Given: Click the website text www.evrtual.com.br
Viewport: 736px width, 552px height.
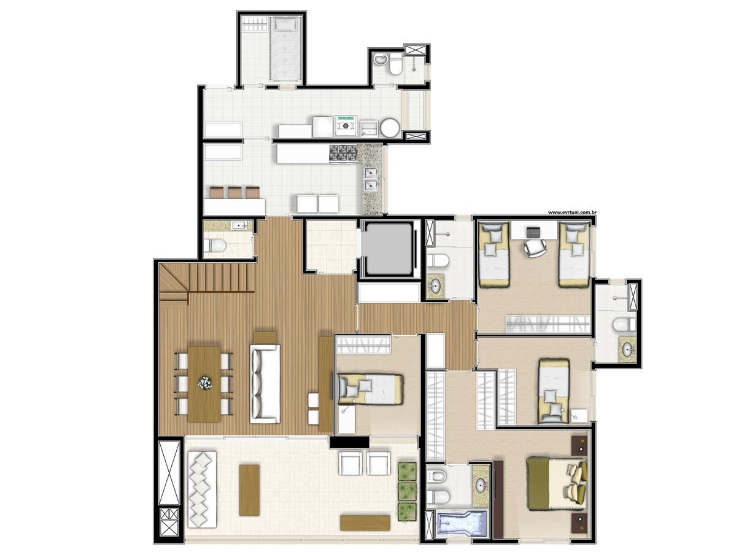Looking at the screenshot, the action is pos(571,212).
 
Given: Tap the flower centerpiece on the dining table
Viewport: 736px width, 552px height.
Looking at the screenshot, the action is pos(204,383).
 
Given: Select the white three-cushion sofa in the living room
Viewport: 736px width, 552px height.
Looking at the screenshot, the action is pos(265,384).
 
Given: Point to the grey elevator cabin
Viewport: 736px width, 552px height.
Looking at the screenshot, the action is pos(389,249).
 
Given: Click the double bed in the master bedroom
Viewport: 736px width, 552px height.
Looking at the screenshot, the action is pos(557,483).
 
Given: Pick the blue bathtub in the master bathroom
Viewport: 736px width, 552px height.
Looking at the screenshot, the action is pos(462,524).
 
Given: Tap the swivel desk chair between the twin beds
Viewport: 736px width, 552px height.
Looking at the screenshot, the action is pos(535,248).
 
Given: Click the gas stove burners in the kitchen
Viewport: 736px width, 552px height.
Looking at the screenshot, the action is pos(343,152).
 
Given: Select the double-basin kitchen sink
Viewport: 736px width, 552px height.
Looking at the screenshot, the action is pos(371,179).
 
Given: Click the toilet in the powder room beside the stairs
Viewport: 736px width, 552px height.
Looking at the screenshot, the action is pos(217,245).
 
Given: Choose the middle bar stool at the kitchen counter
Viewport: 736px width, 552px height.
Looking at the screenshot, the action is pos(234,192).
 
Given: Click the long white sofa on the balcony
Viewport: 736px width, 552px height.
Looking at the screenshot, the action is pos(203,489).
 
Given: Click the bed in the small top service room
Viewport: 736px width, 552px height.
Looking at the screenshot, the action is pos(285,49).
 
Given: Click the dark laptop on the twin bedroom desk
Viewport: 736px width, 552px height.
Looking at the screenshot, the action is pos(533,231).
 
